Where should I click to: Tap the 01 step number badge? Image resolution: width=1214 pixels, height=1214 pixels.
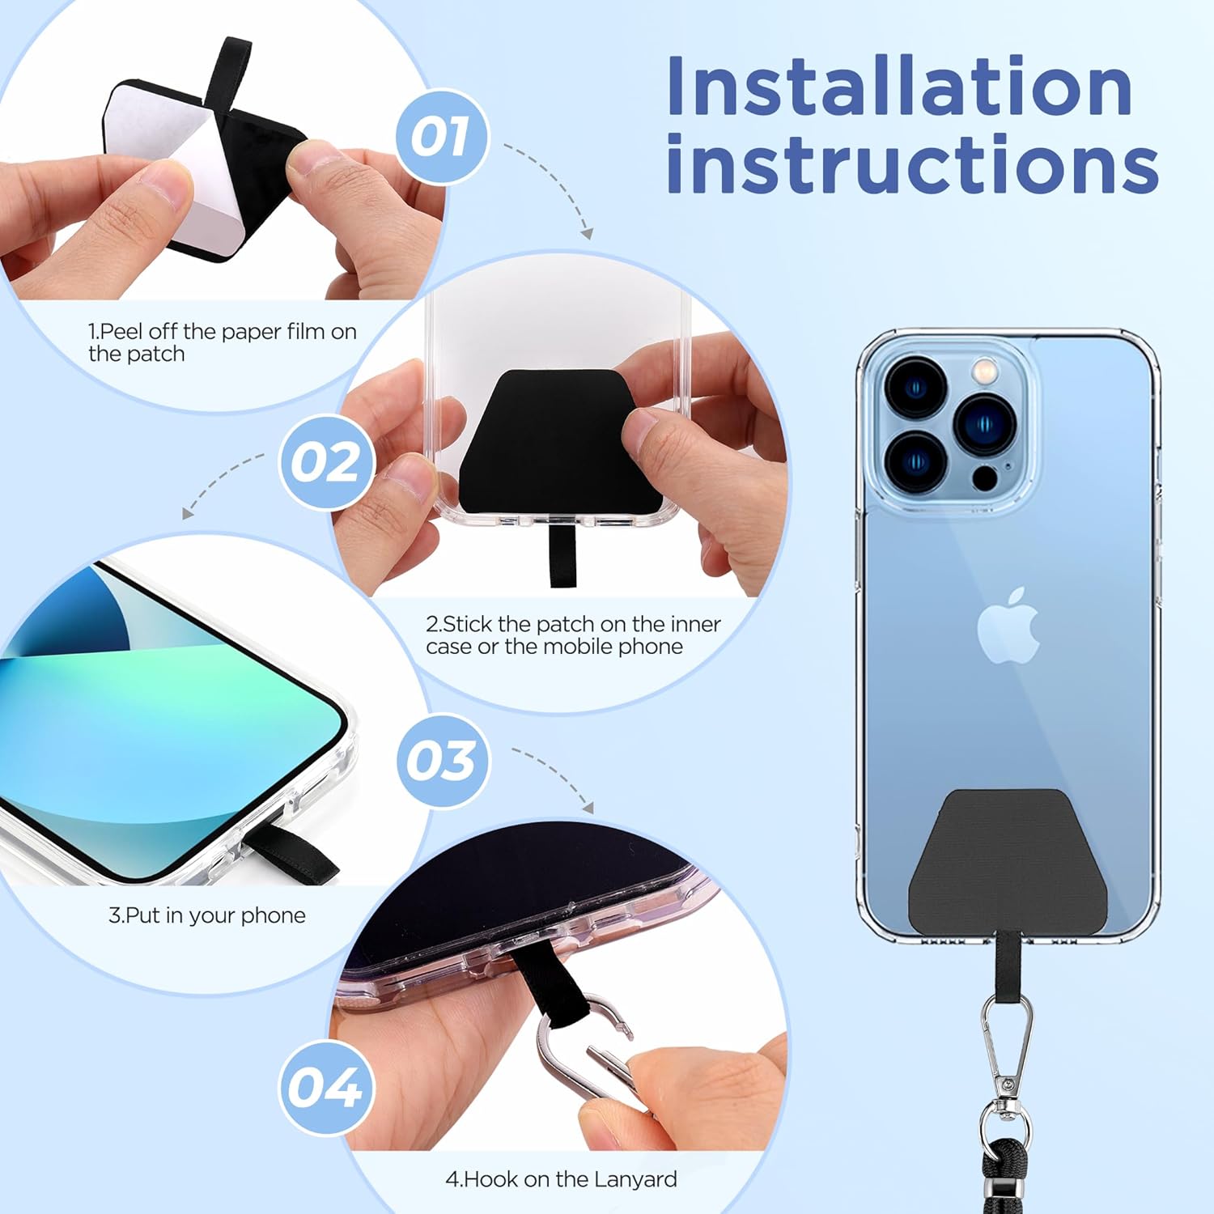pos(442,137)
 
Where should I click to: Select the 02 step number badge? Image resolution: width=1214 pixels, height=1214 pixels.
pos(326,462)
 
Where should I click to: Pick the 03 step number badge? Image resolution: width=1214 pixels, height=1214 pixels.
pos(443,761)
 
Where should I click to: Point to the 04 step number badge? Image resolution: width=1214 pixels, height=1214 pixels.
pos(326,1087)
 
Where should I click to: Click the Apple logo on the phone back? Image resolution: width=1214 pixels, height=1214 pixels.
pos(1008,626)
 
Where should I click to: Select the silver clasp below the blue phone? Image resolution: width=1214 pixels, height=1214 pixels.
pos(1008,1044)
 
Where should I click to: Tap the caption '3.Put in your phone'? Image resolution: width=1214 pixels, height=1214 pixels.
pos(207,915)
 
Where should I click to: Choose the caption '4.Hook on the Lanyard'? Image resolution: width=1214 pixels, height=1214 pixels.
pos(561,1179)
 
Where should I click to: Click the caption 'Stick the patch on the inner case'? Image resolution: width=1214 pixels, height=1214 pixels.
pos(574,635)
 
